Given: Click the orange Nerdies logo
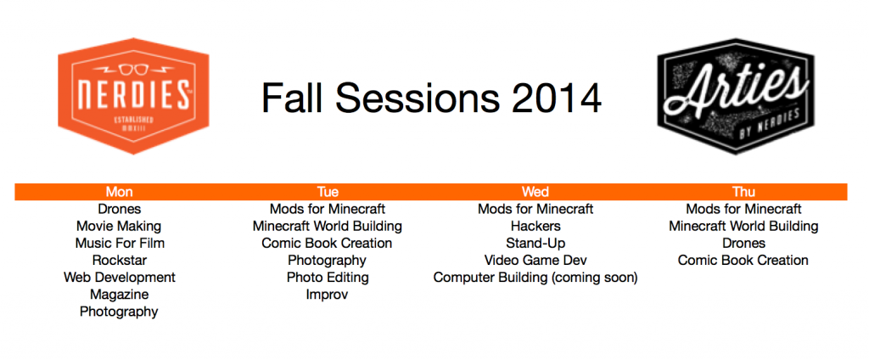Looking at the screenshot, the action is click(x=133, y=97).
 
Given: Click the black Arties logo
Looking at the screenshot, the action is click(x=736, y=96).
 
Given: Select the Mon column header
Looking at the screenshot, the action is click(x=119, y=192).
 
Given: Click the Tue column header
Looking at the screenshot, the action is click(x=328, y=192).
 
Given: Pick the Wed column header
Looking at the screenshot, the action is click(x=535, y=192).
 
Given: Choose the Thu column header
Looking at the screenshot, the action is click(x=743, y=192).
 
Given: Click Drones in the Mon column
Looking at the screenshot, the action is click(x=119, y=209).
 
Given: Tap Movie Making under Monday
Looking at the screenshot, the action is click(x=119, y=227).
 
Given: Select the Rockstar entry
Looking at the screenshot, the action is click(x=119, y=260).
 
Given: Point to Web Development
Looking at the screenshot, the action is click(x=119, y=278).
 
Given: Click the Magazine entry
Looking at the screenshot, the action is click(x=119, y=295).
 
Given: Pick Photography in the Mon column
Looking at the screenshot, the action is click(x=119, y=312).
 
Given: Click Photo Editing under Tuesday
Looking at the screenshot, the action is click(x=328, y=278).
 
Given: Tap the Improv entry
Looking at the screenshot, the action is click(x=327, y=295).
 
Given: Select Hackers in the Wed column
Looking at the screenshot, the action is click(x=535, y=227).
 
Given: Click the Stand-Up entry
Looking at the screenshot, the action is click(x=535, y=244).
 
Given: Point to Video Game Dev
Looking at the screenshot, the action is click(x=535, y=260).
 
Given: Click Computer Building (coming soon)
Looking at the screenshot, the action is click(x=535, y=278).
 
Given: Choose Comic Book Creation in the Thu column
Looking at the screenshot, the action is click(x=743, y=260).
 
